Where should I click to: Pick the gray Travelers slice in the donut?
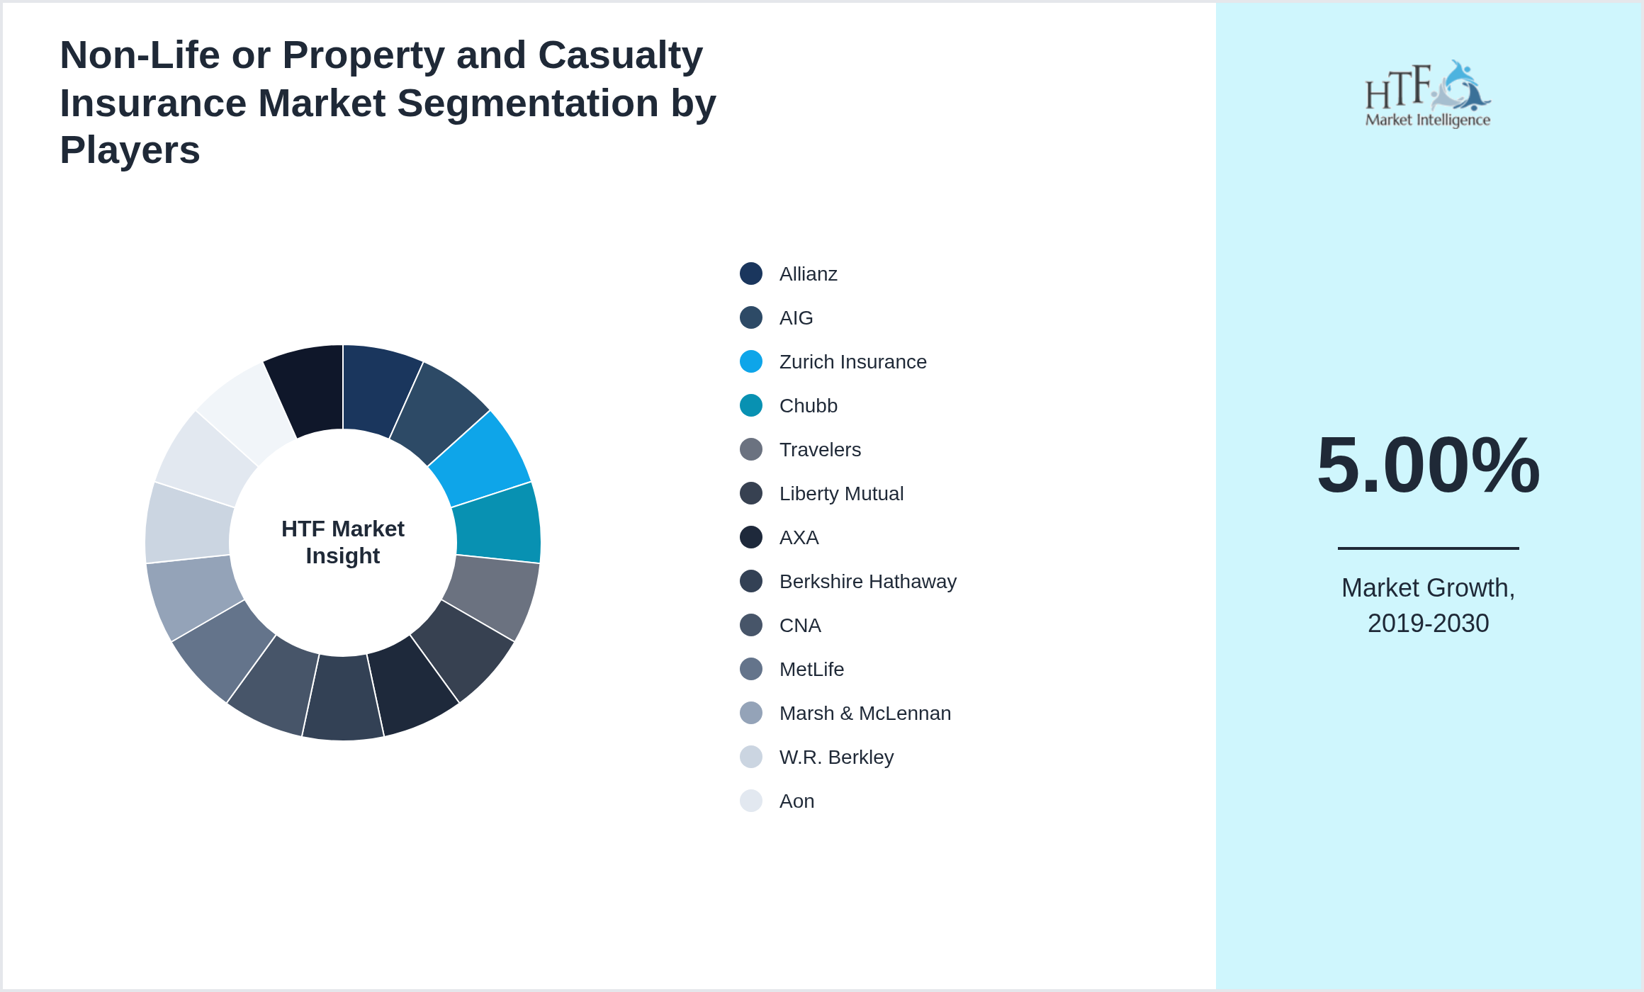click(x=492, y=595)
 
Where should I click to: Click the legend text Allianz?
click(x=808, y=274)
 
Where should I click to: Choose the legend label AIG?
click(x=796, y=318)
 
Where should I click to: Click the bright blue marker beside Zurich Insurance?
click(x=751, y=361)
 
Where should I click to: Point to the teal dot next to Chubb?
click(x=751, y=405)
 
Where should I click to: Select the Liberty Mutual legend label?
click(x=841, y=494)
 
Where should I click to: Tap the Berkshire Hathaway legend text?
click(x=867, y=582)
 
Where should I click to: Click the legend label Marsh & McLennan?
click(x=865, y=714)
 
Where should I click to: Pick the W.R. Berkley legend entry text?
click(x=836, y=757)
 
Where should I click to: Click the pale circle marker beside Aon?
click(x=751, y=801)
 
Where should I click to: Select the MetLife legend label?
click(x=811, y=670)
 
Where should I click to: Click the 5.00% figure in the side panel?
click(x=1428, y=465)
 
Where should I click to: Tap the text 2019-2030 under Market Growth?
click(x=1428, y=624)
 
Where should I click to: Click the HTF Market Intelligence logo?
click(x=1428, y=94)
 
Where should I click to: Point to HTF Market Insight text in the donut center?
click(x=343, y=542)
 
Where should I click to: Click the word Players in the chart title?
click(x=130, y=150)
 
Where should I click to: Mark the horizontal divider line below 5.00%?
click(x=1428, y=548)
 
